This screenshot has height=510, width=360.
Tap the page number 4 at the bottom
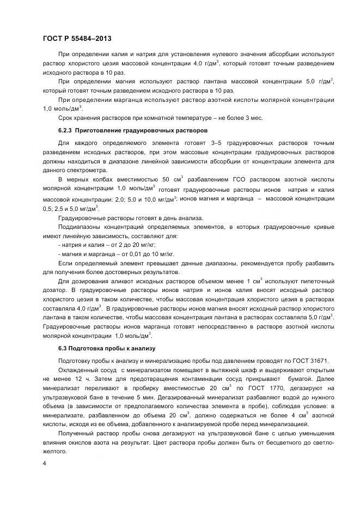45,463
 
